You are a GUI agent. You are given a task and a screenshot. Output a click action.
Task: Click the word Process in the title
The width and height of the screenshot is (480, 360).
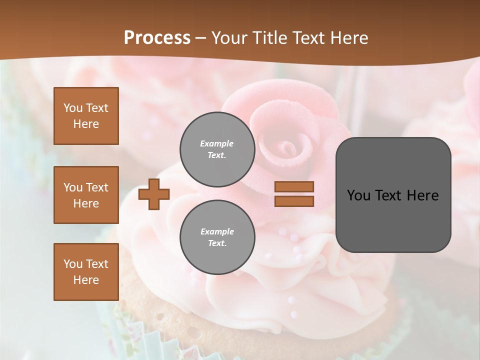point(157,38)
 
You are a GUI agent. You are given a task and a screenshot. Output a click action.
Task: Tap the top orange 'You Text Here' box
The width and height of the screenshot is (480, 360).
point(86,116)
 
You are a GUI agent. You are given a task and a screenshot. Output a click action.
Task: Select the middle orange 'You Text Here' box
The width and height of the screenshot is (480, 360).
point(86,195)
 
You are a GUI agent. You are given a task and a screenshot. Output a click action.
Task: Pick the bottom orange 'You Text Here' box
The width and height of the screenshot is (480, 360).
point(86,272)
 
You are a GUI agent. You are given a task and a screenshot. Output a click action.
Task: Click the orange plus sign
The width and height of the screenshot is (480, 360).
point(154,194)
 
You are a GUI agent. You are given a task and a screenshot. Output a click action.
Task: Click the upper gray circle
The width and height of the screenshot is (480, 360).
point(217,149)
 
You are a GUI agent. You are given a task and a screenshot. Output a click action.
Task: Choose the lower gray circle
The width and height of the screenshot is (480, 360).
point(217,237)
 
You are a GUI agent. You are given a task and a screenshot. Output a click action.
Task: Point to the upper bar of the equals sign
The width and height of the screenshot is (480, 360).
point(294,187)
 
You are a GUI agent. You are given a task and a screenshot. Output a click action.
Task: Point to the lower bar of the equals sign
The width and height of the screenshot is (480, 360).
point(294,201)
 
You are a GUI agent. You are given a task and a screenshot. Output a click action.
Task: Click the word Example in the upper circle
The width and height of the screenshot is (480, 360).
point(216,143)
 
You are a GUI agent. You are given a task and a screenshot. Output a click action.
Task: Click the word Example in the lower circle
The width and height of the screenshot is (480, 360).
point(216,231)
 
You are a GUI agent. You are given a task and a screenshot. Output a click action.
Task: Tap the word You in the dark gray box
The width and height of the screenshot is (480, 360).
point(358,195)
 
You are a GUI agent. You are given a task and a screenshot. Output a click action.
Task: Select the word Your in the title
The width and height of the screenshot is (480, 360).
point(229,38)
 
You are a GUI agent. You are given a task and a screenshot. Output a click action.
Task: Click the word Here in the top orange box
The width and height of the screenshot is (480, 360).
point(86,124)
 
